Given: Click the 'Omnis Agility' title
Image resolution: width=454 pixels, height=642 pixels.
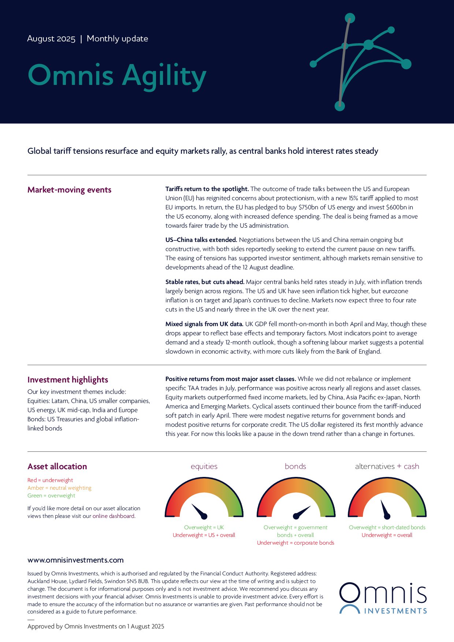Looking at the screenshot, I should click(117, 76).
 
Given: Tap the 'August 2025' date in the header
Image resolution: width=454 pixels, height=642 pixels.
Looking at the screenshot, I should click(51, 39).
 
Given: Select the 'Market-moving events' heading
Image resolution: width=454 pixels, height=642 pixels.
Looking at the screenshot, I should click(69, 190).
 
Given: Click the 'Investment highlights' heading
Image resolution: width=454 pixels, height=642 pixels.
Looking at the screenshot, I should click(68, 380).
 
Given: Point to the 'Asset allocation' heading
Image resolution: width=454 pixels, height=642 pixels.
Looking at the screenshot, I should click(57, 466).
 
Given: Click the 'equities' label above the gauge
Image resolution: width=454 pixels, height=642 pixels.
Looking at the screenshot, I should click(204, 466).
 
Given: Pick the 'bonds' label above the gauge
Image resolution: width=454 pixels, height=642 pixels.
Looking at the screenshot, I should click(295, 466).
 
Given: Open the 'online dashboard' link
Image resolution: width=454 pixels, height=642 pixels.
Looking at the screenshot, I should click(113, 516).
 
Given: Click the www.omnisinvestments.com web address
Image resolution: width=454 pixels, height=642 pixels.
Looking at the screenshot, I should click(75, 560).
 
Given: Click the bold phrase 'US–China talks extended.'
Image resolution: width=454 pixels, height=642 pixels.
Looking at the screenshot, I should click(201, 240).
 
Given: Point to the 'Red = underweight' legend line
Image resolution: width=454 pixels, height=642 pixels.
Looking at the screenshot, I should click(50, 480).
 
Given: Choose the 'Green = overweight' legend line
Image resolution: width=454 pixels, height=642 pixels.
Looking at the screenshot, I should click(51, 496).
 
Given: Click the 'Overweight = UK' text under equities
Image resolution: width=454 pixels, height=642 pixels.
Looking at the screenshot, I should click(204, 527).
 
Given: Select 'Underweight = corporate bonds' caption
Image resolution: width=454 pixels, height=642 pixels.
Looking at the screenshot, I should click(295, 543).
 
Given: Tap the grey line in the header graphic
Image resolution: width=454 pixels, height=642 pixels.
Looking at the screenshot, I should click(344, 62).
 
